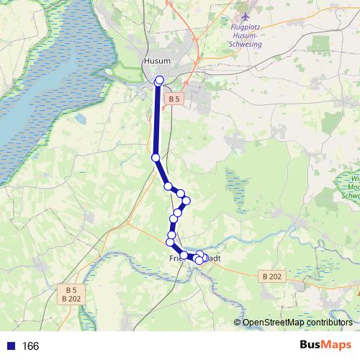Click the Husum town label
coord(156,61)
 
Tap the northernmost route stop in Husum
coord(159,81)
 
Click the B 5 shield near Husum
coord(173,98)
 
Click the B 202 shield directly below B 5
coord(71,299)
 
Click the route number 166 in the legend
coord(30,346)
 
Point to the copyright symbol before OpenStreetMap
coord(237,323)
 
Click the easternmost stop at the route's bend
coord(186,201)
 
